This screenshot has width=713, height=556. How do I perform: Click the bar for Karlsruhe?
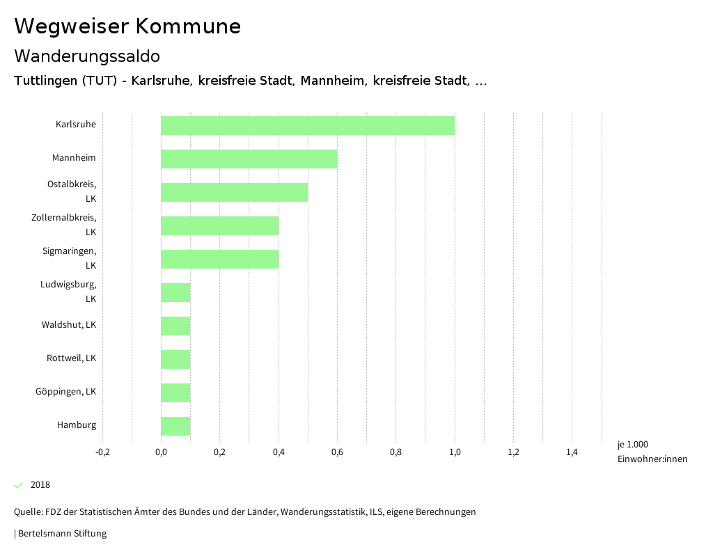[x=308, y=125]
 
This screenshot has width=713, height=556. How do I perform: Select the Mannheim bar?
[x=249, y=159]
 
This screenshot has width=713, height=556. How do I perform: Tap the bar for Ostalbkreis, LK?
[x=234, y=192]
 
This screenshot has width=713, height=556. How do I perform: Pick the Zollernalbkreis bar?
[x=219, y=225]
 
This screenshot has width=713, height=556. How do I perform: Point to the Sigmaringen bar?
[x=219, y=259]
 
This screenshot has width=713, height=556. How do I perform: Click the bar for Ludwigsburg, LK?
[x=175, y=292]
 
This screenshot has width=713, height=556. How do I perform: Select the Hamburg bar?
[x=175, y=426]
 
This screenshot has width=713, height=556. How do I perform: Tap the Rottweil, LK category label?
[x=71, y=358]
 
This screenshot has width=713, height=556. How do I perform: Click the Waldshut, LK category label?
[x=68, y=325]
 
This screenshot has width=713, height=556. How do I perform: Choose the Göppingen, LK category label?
[x=65, y=392]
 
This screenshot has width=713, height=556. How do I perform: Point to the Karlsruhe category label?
[x=76, y=125]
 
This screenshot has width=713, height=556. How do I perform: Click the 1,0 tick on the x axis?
[x=455, y=452]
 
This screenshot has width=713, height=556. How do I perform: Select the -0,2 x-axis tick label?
[x=102, y=452]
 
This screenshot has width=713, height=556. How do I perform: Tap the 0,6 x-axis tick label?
[x=337, y=452]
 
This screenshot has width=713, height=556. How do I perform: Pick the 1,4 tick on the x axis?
[x=572, y=452]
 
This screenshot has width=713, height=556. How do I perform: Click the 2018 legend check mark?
[x=19, y=485]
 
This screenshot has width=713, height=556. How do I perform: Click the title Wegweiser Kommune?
[x=127, y=26]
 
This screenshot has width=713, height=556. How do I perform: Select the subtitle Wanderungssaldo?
[x=87, y=56]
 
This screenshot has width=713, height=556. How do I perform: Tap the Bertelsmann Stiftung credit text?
[x=61, y=534]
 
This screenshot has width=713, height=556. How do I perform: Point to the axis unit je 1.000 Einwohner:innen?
[x=652, y=452]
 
